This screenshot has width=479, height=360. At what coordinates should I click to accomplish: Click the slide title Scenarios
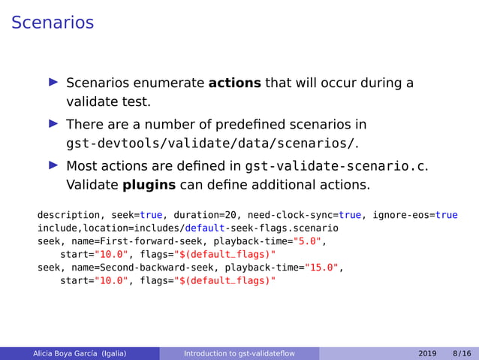53,23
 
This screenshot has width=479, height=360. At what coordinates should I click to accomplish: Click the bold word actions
234,83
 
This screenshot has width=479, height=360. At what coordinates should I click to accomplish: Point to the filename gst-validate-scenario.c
335,165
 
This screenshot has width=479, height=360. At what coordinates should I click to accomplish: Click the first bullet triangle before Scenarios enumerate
53,83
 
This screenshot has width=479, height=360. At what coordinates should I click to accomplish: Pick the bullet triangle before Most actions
53,165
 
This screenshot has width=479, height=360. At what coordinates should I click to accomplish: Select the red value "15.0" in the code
321,267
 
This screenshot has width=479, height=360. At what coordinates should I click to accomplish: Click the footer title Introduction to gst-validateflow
239,352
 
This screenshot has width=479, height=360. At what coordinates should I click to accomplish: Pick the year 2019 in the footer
428,352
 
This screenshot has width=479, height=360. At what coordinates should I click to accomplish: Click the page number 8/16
462,352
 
